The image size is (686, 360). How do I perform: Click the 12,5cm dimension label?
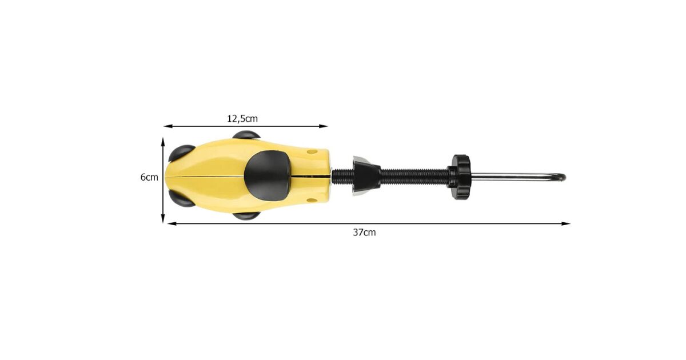click(x=242, y=118)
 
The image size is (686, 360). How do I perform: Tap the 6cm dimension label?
click(x=149, y=177)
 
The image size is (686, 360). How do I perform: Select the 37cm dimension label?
click(x=364, y=233)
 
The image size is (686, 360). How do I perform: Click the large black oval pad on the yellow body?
click(x=268, y=176)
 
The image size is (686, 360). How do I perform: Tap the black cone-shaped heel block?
click(x=366, y=176)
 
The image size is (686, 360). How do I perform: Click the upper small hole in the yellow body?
click(x=312, y=151)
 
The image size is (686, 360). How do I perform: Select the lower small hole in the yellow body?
click(x=312, y=201)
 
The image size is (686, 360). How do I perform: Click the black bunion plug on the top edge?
click(x=246, y=135)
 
